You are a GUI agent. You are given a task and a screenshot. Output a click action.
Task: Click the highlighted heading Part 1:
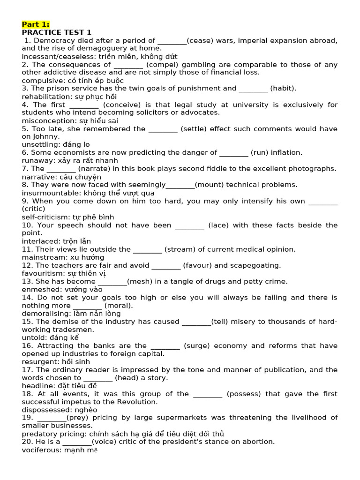[36, 24]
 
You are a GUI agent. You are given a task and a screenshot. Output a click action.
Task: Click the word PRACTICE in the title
[42, 32]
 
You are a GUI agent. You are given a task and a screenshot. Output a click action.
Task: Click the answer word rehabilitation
[45, 97]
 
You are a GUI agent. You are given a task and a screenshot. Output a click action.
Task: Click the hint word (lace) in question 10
[218, 225]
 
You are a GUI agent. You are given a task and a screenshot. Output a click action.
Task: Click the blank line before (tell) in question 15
[196, 322]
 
